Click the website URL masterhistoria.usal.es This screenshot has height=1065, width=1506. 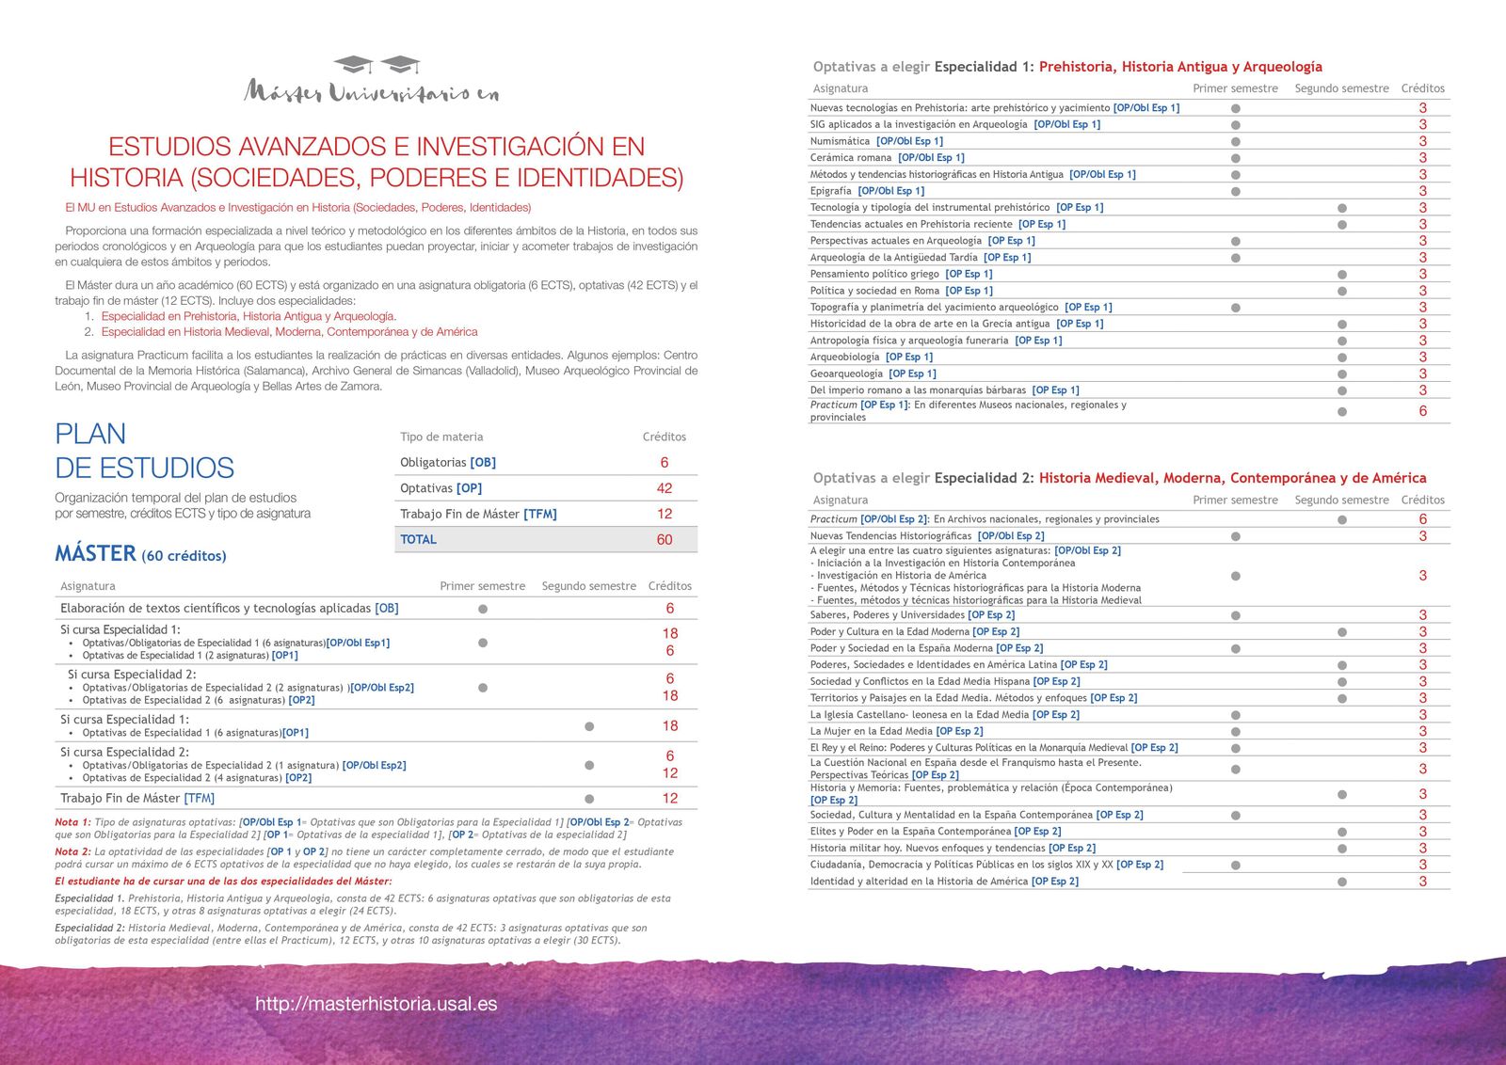376,1004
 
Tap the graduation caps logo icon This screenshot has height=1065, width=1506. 377,65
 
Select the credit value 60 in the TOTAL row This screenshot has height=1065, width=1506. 665,539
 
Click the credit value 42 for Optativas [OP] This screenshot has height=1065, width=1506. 665,488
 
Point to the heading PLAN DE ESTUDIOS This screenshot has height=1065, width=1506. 144,451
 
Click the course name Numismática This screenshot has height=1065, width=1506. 840,141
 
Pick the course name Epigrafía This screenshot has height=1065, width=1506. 830,191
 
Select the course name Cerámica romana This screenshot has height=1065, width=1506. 851,158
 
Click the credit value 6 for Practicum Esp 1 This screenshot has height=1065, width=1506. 1422,411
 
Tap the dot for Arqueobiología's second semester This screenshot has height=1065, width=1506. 1341,358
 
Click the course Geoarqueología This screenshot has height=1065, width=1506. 846,374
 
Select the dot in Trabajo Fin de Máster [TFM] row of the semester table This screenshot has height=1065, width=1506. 589,799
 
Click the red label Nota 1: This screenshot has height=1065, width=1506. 72,822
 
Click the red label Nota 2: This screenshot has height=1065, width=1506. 72,851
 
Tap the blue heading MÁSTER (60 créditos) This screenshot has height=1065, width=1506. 140,554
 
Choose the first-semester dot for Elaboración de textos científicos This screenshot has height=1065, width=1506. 483,609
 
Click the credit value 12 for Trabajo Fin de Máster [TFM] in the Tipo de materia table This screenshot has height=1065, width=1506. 665,514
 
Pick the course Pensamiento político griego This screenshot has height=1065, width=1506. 874,274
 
